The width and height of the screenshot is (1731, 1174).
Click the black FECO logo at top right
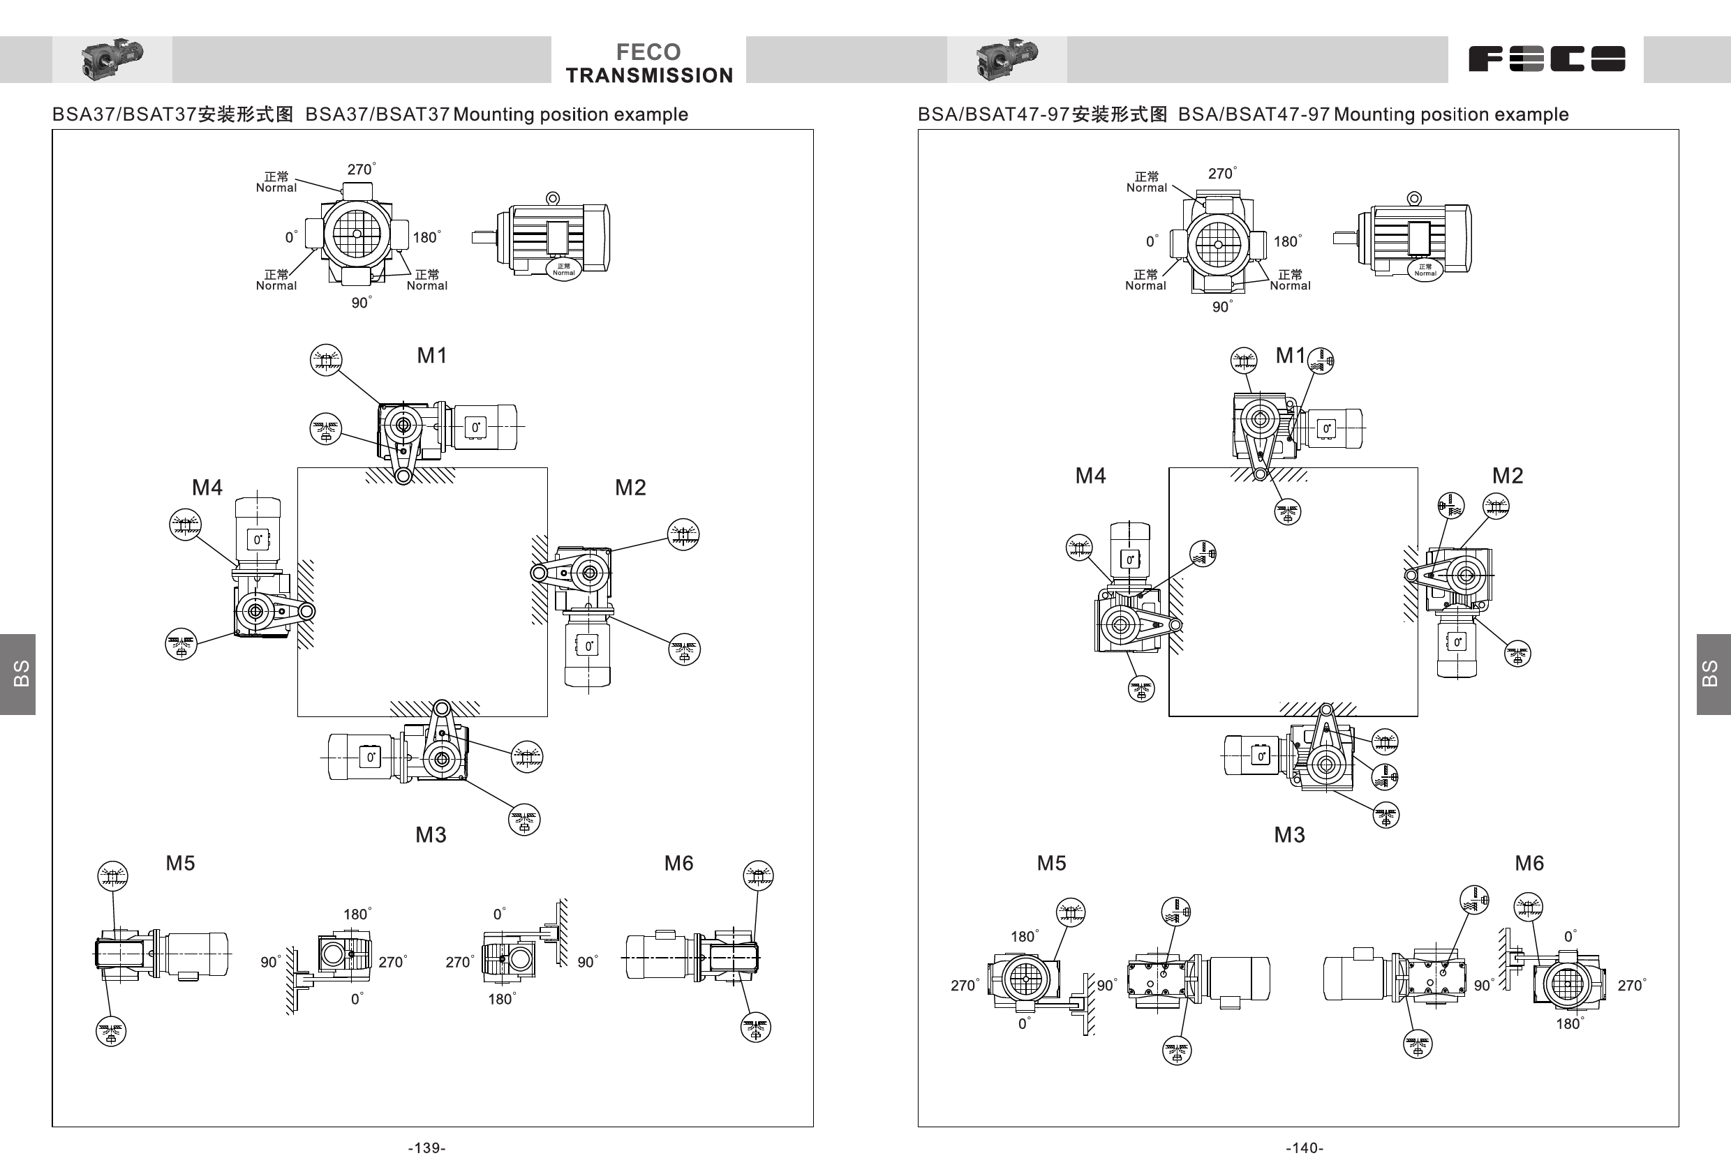click(1546, 59)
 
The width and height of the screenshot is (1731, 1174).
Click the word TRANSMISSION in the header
click(648, 75)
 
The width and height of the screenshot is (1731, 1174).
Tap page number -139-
click(426, 1148)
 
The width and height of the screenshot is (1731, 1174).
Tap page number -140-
click(1305, 1148)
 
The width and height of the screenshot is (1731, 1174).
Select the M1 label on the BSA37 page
click(431, 355)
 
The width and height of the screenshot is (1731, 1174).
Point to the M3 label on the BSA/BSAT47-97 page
click(1288, 834)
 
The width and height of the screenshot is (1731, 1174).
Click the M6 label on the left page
click(678, 863)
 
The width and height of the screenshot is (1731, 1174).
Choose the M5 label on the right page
click(1051, 863)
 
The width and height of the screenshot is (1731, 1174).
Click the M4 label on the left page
click(207, 487)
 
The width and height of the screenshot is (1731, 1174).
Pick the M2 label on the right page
click(1507, 475)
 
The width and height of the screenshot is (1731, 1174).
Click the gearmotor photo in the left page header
click(112, 59)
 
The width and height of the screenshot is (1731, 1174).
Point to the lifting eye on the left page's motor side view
click(553, 198)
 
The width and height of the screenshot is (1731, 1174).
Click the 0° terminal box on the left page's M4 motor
click(258, 540)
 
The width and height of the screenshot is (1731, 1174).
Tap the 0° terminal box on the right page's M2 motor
click(1457, 642)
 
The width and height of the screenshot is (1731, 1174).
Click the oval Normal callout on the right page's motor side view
click(1425, 270)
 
